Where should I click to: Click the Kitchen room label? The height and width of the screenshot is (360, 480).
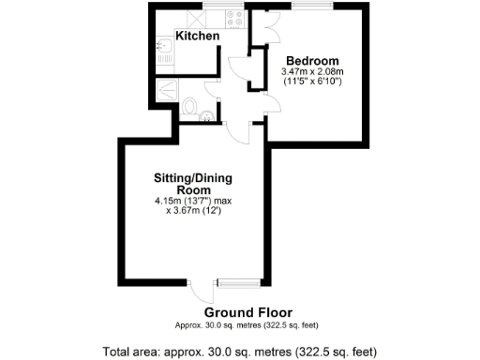coord(198,36)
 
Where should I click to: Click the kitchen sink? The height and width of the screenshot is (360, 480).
coord(162,44)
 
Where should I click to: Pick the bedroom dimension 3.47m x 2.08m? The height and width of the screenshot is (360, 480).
coord(312,71)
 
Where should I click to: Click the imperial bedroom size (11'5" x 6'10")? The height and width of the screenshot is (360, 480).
coord(312,82)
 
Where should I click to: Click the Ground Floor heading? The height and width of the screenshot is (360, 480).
coord(247,312)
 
